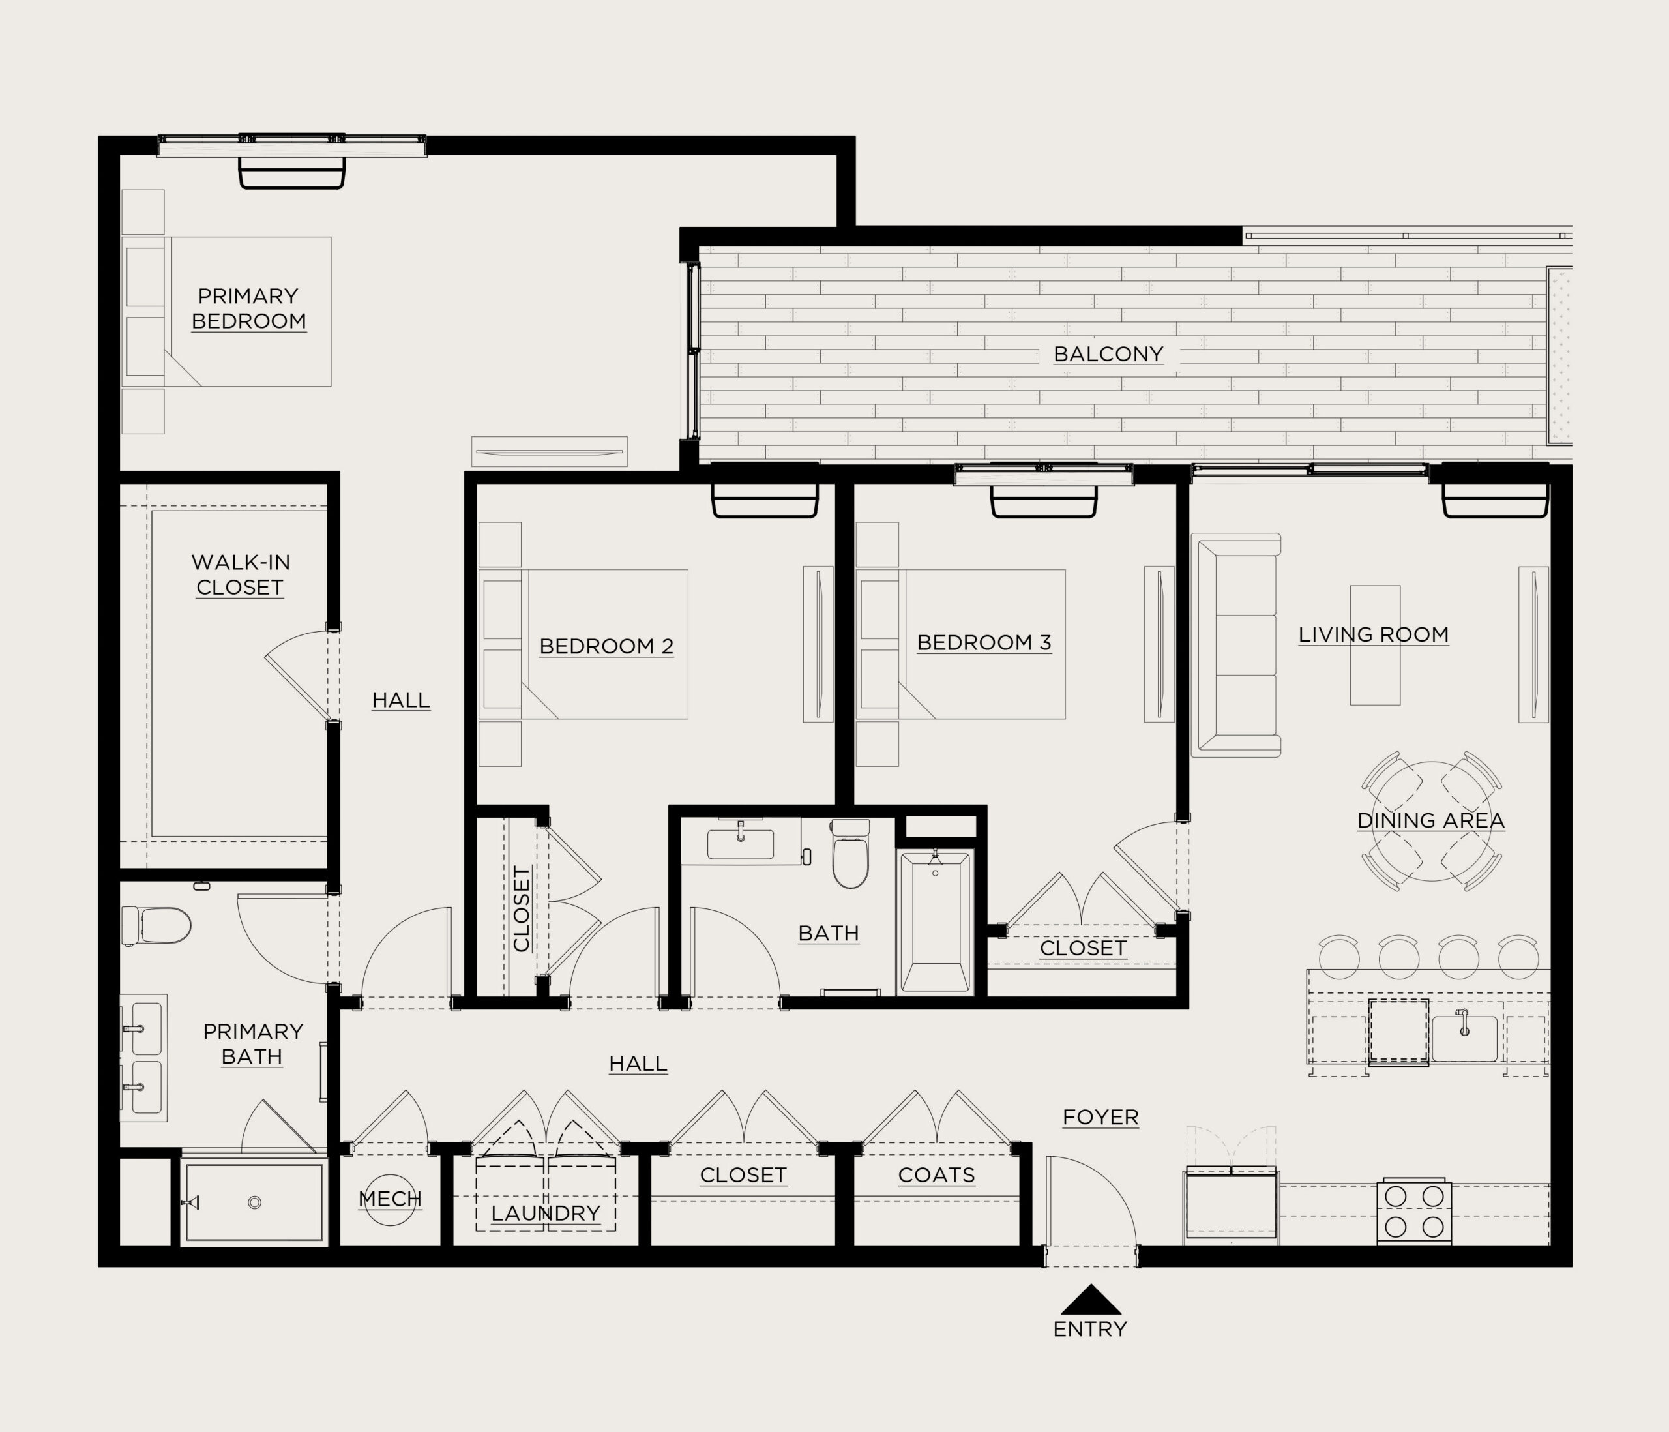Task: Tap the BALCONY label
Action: (x=1108, y=355)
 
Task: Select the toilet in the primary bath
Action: (x=156, y=926)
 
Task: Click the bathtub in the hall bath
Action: (x=935, y=923)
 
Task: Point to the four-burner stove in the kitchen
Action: (x=1415, y=1211)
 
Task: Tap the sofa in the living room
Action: (x=1235, y=645)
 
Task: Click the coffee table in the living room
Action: (x=1375, y=645)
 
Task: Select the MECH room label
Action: (x=390, y=1199)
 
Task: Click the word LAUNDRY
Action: (x=545, y=1214)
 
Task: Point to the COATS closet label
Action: (x=936, y=1176)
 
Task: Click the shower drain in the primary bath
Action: (x=254, y=1202)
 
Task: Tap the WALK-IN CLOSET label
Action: (x=240, y=574)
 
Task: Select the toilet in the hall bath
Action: (x=851, y=854)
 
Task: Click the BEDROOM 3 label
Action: (x=984, y=643)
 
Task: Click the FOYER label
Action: (x=1100, y=1118)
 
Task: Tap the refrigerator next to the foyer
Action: (x=1230, y=1205)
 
